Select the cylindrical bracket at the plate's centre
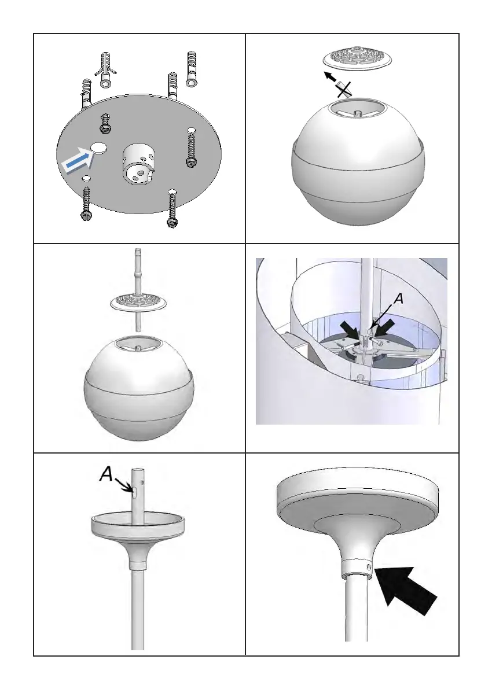click(137, 164)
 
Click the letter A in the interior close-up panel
click(398, 299)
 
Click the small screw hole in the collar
click(369, 569)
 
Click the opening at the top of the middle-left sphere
click(139, 345)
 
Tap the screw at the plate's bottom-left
click(86, 203)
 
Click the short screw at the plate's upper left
click(105, 123)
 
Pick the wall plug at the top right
click(192, 68)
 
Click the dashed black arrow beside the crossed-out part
click(333, 79)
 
